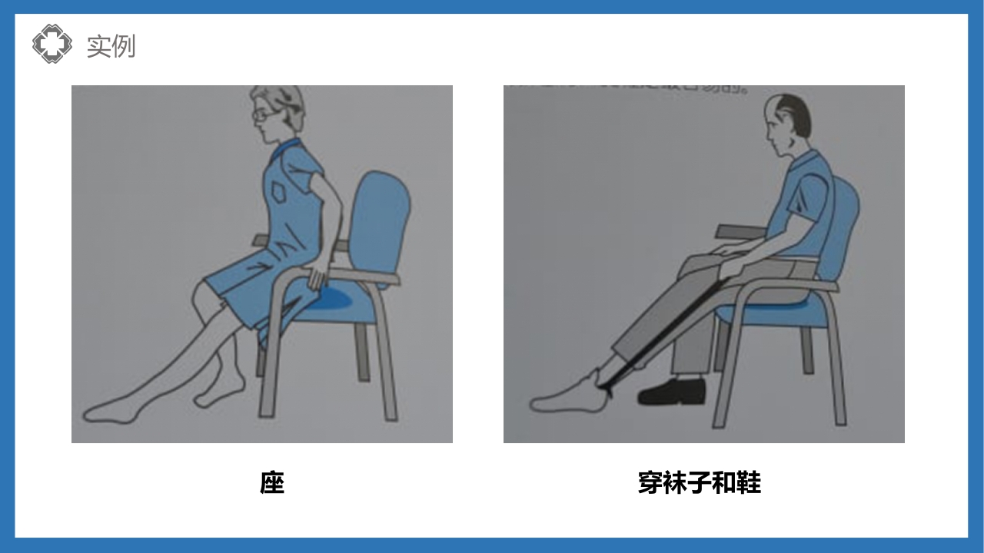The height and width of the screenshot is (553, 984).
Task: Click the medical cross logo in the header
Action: point(52,44)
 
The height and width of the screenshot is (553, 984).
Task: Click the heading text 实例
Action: point(111,46)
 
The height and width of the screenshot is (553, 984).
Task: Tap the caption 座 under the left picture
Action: point(272,483)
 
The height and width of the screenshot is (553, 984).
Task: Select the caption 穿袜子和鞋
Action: point(699,483)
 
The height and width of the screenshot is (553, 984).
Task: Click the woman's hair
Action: point(284,104)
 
